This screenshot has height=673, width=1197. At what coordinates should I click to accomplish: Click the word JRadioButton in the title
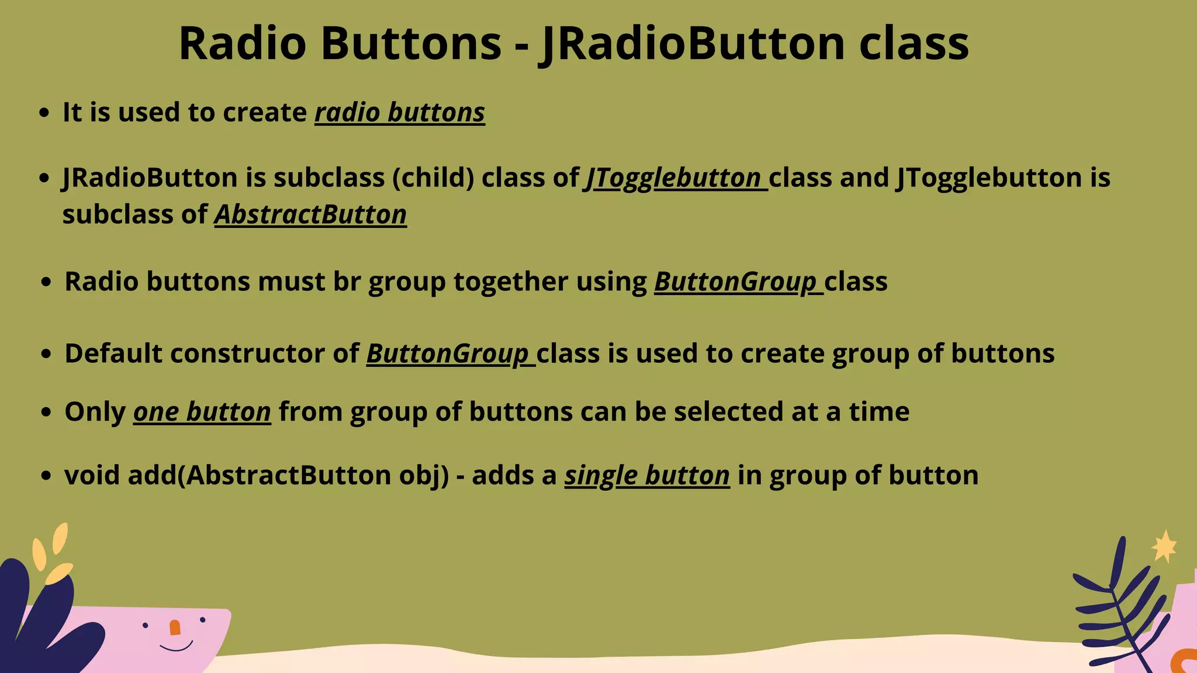pos(693,44)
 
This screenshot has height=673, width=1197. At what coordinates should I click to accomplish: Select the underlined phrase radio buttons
pos(400,112)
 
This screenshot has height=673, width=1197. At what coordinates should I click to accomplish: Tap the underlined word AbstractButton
pos(310,214)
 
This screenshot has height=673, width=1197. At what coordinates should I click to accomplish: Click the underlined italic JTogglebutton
pos(674,178)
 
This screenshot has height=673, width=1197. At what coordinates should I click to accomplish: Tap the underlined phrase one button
pos(202,412)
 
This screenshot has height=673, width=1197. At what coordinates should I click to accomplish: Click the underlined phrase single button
pos(646,475)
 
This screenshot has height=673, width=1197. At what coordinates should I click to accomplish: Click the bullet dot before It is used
pos(44,113)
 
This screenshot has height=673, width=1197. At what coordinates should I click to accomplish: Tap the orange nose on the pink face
pos(175,627)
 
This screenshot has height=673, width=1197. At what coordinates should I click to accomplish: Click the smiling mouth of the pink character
pos(176,647)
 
